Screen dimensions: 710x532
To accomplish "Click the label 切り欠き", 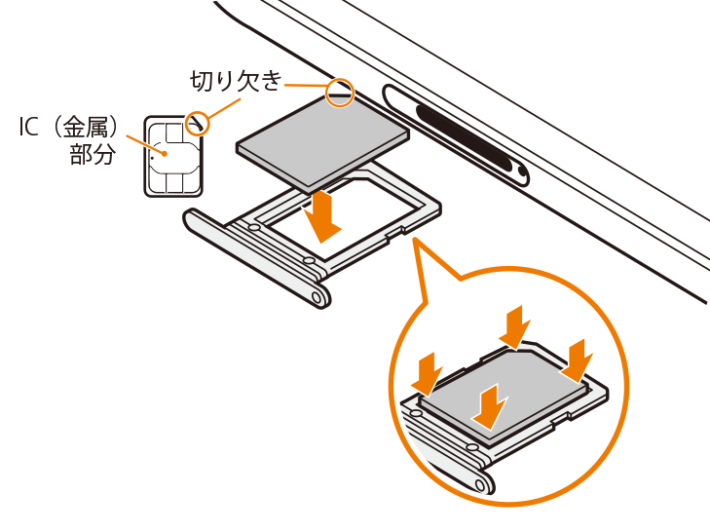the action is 236,81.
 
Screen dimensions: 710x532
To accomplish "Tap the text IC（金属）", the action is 68,127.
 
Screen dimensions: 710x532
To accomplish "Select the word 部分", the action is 93,154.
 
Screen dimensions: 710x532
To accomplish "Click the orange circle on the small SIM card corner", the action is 198,124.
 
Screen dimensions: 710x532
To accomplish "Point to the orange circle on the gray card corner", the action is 340,93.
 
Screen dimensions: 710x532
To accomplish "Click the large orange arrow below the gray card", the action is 322,216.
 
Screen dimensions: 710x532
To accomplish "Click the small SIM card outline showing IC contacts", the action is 173,157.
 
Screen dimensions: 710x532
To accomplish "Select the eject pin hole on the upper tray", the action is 318,297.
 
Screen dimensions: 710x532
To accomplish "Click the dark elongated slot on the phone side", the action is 467,138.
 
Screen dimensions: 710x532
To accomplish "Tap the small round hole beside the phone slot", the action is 522,172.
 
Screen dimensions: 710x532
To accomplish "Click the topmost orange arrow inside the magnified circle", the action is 515,327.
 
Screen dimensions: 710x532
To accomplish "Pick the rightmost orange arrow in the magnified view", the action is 577,361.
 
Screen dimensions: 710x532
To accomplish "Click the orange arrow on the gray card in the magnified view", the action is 489,406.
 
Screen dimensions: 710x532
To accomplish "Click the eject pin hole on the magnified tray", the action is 481,485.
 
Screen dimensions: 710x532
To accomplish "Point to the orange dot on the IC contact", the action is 165,153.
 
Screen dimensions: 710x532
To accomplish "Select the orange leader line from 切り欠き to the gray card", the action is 306,85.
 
